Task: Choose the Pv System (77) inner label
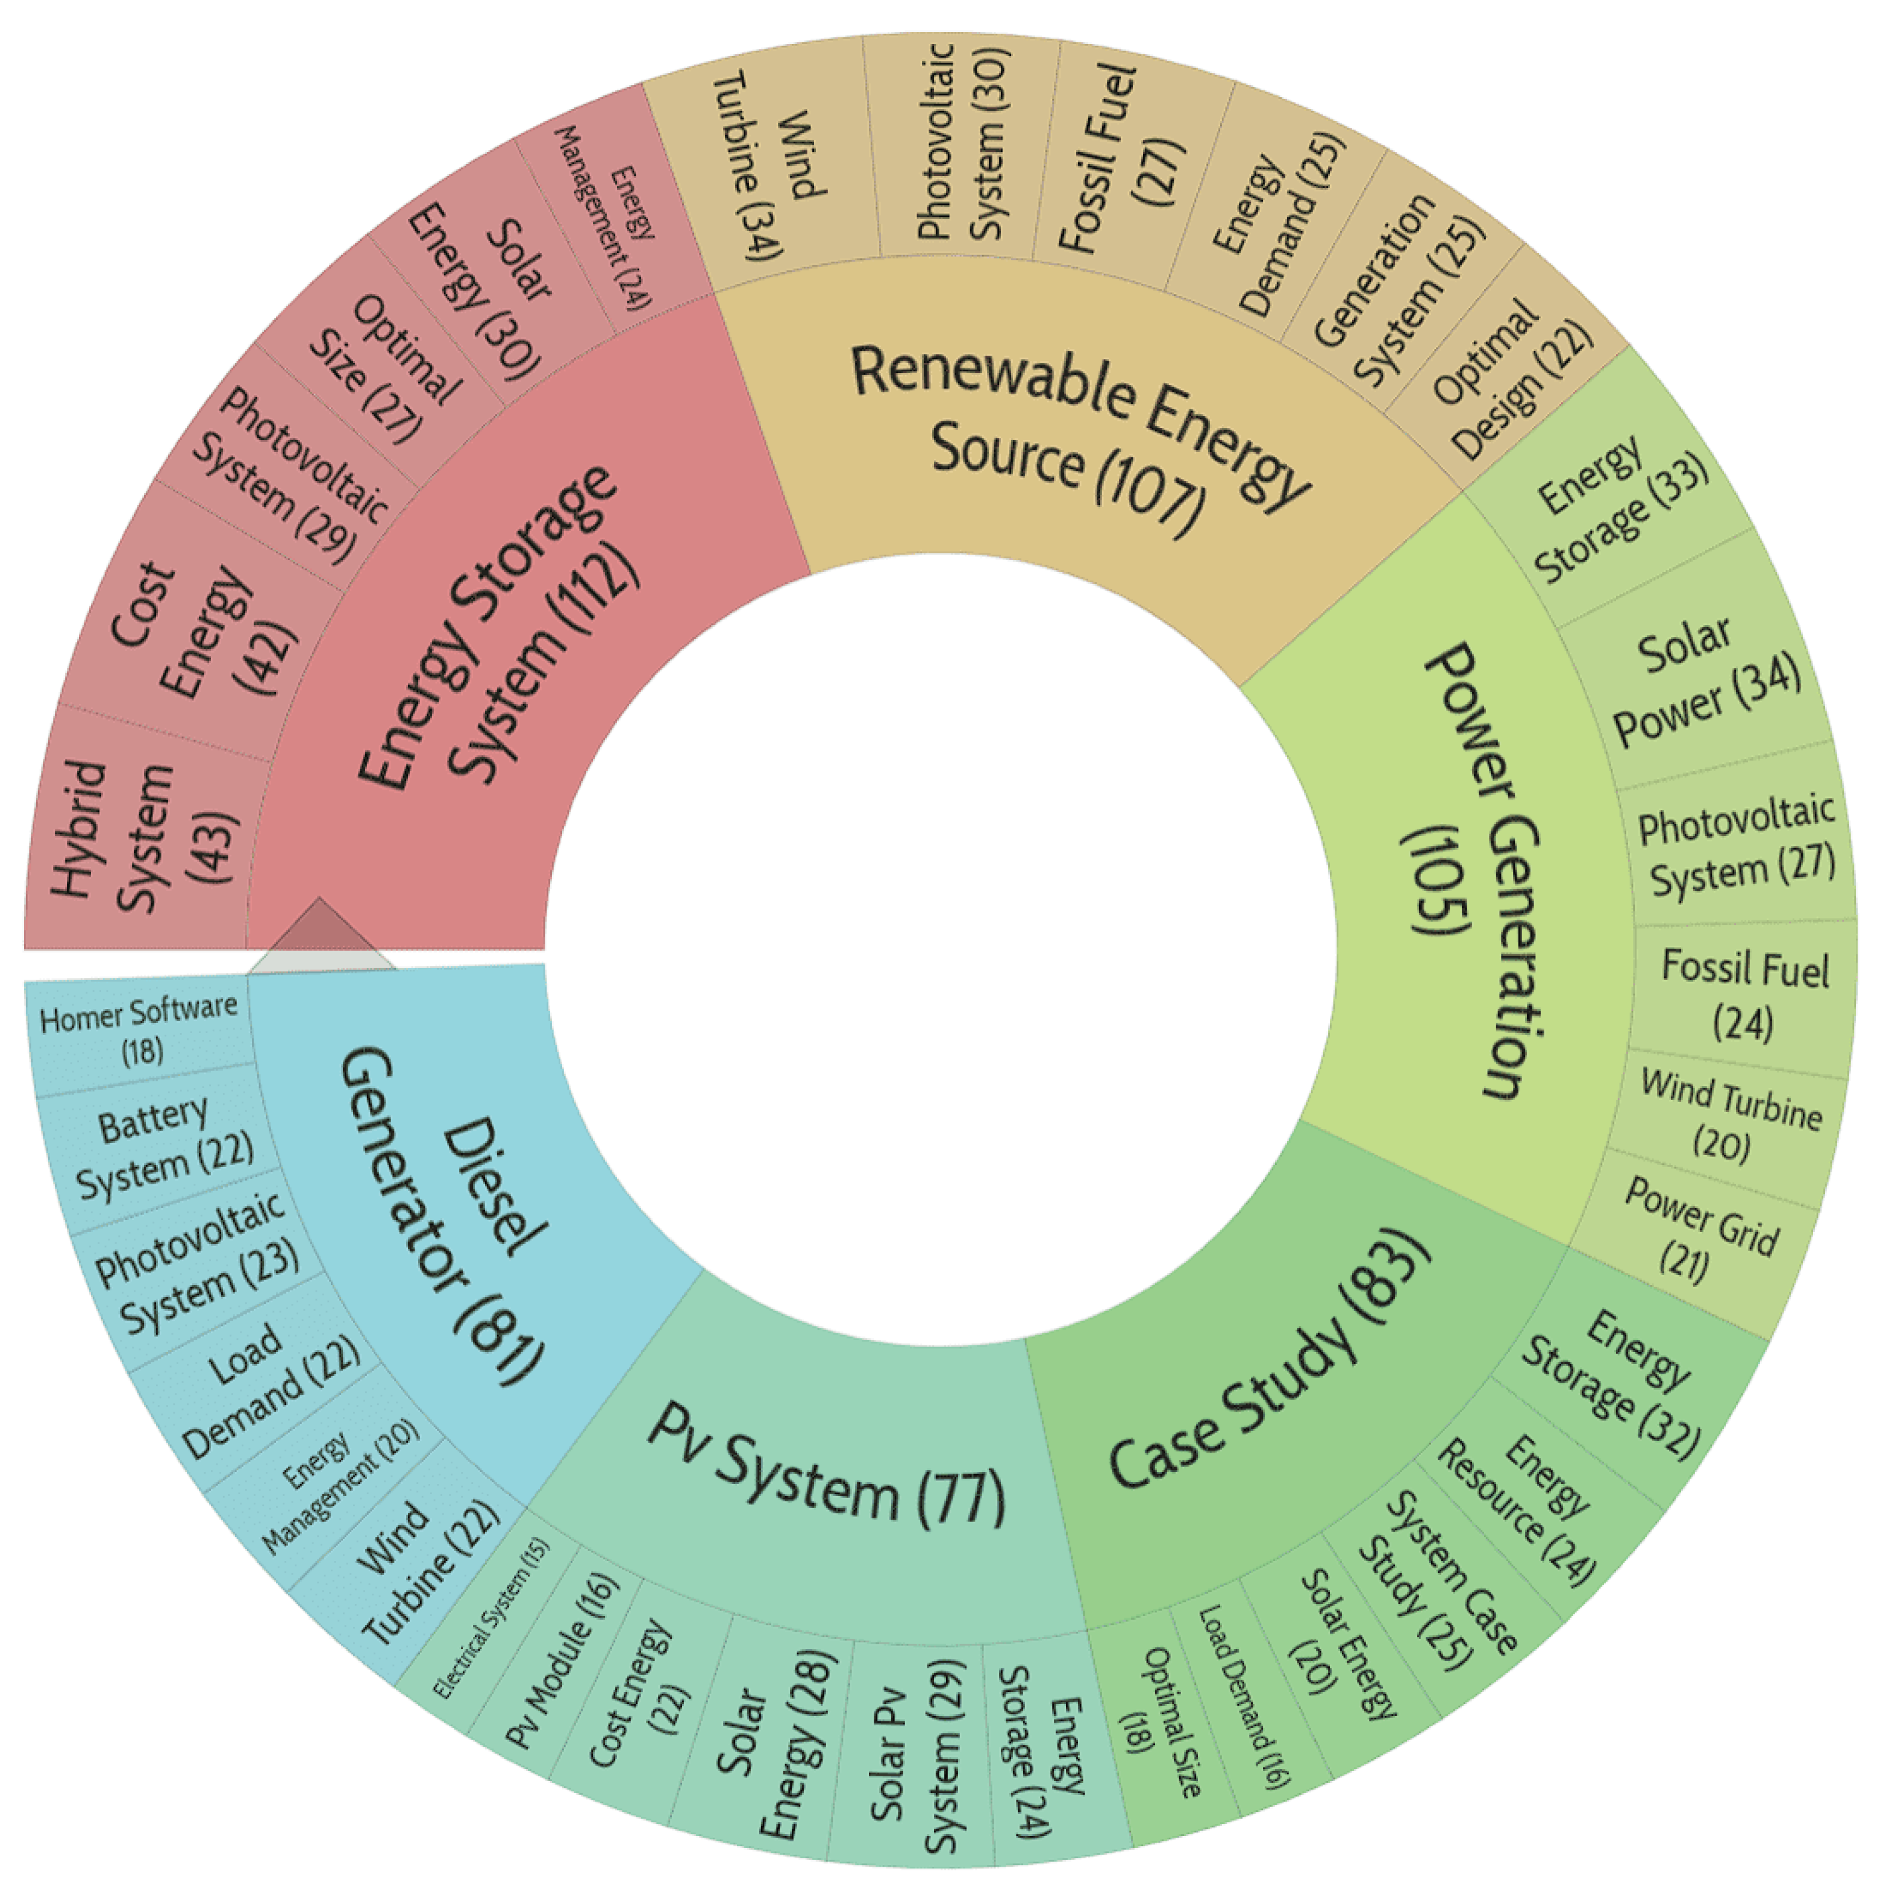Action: click(826, 1466)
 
